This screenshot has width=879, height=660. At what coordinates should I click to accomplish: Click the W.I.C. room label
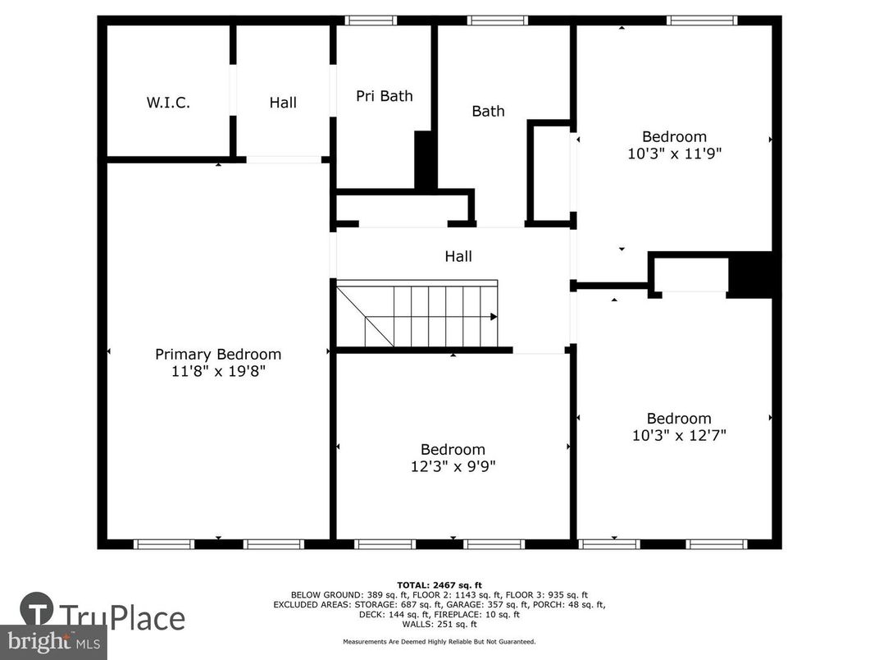(168, 103)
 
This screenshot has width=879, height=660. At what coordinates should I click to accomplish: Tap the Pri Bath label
(384, 96)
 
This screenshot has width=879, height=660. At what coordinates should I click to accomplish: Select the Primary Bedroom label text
(218, 354)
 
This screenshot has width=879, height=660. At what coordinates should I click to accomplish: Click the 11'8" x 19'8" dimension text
(218, 371)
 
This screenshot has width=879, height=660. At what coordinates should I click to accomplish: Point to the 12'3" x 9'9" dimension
(453, 466)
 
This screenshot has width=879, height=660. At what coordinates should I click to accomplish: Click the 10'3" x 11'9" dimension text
(674, 153)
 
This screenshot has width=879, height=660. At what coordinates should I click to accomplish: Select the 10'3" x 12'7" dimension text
(679, 435)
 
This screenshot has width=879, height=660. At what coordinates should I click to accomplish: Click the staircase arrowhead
(494, 316)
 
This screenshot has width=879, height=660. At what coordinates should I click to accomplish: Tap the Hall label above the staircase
(458, 257)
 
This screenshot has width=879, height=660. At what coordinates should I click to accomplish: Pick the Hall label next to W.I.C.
(283, 103)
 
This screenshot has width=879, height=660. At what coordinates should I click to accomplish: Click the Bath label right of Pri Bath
(488, 111)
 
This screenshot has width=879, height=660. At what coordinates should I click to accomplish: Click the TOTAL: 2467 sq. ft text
(439, 584)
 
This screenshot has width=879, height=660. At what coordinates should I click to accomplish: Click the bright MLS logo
(52, 641)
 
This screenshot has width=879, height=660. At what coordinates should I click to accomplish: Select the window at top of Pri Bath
(371, 21)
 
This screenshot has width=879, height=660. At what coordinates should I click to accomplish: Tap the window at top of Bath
(498, 21)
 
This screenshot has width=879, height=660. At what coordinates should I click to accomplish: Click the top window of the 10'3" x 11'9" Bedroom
(702, 21)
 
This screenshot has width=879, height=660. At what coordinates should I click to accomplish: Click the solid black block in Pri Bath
(425, 159)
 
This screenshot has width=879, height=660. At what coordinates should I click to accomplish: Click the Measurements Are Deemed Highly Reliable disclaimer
(439, 641)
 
